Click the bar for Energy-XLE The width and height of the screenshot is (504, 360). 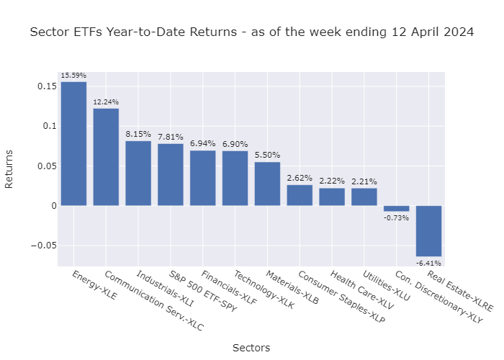(x=73, y=144)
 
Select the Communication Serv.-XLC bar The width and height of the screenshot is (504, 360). (x=106, y=157)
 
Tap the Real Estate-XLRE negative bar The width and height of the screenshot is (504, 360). (x=428, y=230)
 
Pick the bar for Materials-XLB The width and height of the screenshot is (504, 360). (x=267, y=184)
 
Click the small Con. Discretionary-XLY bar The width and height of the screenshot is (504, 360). (x=396, y=208)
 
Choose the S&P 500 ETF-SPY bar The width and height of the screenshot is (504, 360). (x=171, y=175)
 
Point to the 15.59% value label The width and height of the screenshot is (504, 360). (x=73, y=76)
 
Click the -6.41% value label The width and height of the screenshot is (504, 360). (x=428, y=263)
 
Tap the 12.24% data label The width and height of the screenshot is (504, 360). (x=106, y=103)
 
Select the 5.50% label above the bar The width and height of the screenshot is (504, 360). (x=267, y=156)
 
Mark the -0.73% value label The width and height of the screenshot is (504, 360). (x=396, y=217)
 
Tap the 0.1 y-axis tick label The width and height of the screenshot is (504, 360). (x=49, y=126)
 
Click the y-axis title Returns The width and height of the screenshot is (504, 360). (x=9, y=168)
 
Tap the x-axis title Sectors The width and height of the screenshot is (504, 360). (x=251, y=348)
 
